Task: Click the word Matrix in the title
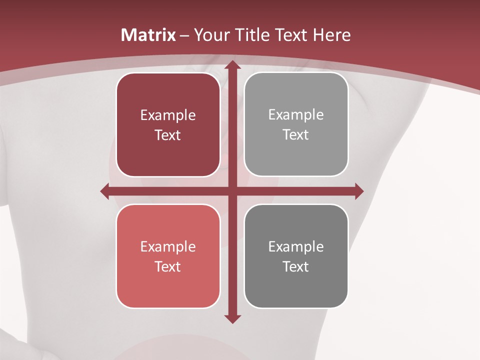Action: click(x=148, y=35)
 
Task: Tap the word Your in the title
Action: click(x=210, y=35)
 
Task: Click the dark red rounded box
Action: click(x=168, y=125)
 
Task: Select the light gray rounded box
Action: click(x=296, y=124)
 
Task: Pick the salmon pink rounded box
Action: click(x=168, y=256)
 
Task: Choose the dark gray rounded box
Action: click(x=296, y=256)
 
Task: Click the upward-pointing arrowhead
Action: click(x=231, y=65)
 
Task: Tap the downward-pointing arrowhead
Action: click(x=231, y=318)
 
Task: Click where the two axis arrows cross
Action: click(x=231, y=191)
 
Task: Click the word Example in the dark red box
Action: click(x=168, y=115)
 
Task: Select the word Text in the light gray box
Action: click(x=296, y=134)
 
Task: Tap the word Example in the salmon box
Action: click(x=168, y=246)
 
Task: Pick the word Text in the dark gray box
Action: click(x=296, y=266)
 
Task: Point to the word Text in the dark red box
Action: click(x=168, y=135)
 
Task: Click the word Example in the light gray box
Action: click(x=296, y=115)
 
